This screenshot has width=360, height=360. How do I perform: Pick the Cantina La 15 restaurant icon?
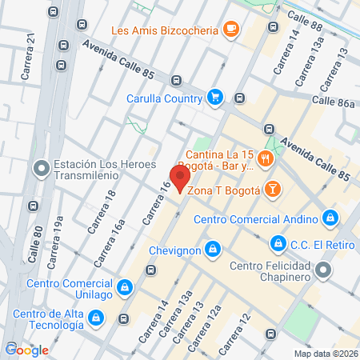tap(266, 161)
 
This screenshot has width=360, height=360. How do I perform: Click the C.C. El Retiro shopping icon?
tap(278, 241)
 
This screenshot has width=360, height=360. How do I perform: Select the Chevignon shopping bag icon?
tap(211, 250)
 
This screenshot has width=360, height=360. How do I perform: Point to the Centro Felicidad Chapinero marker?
tap(323, 270)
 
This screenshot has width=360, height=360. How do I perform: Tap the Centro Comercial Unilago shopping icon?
tap(124, 287)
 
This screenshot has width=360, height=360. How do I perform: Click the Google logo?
tap(26, 350)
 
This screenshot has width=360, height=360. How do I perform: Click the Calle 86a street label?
tap(334, 102)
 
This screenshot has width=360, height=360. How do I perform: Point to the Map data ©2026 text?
tap(325, 353)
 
